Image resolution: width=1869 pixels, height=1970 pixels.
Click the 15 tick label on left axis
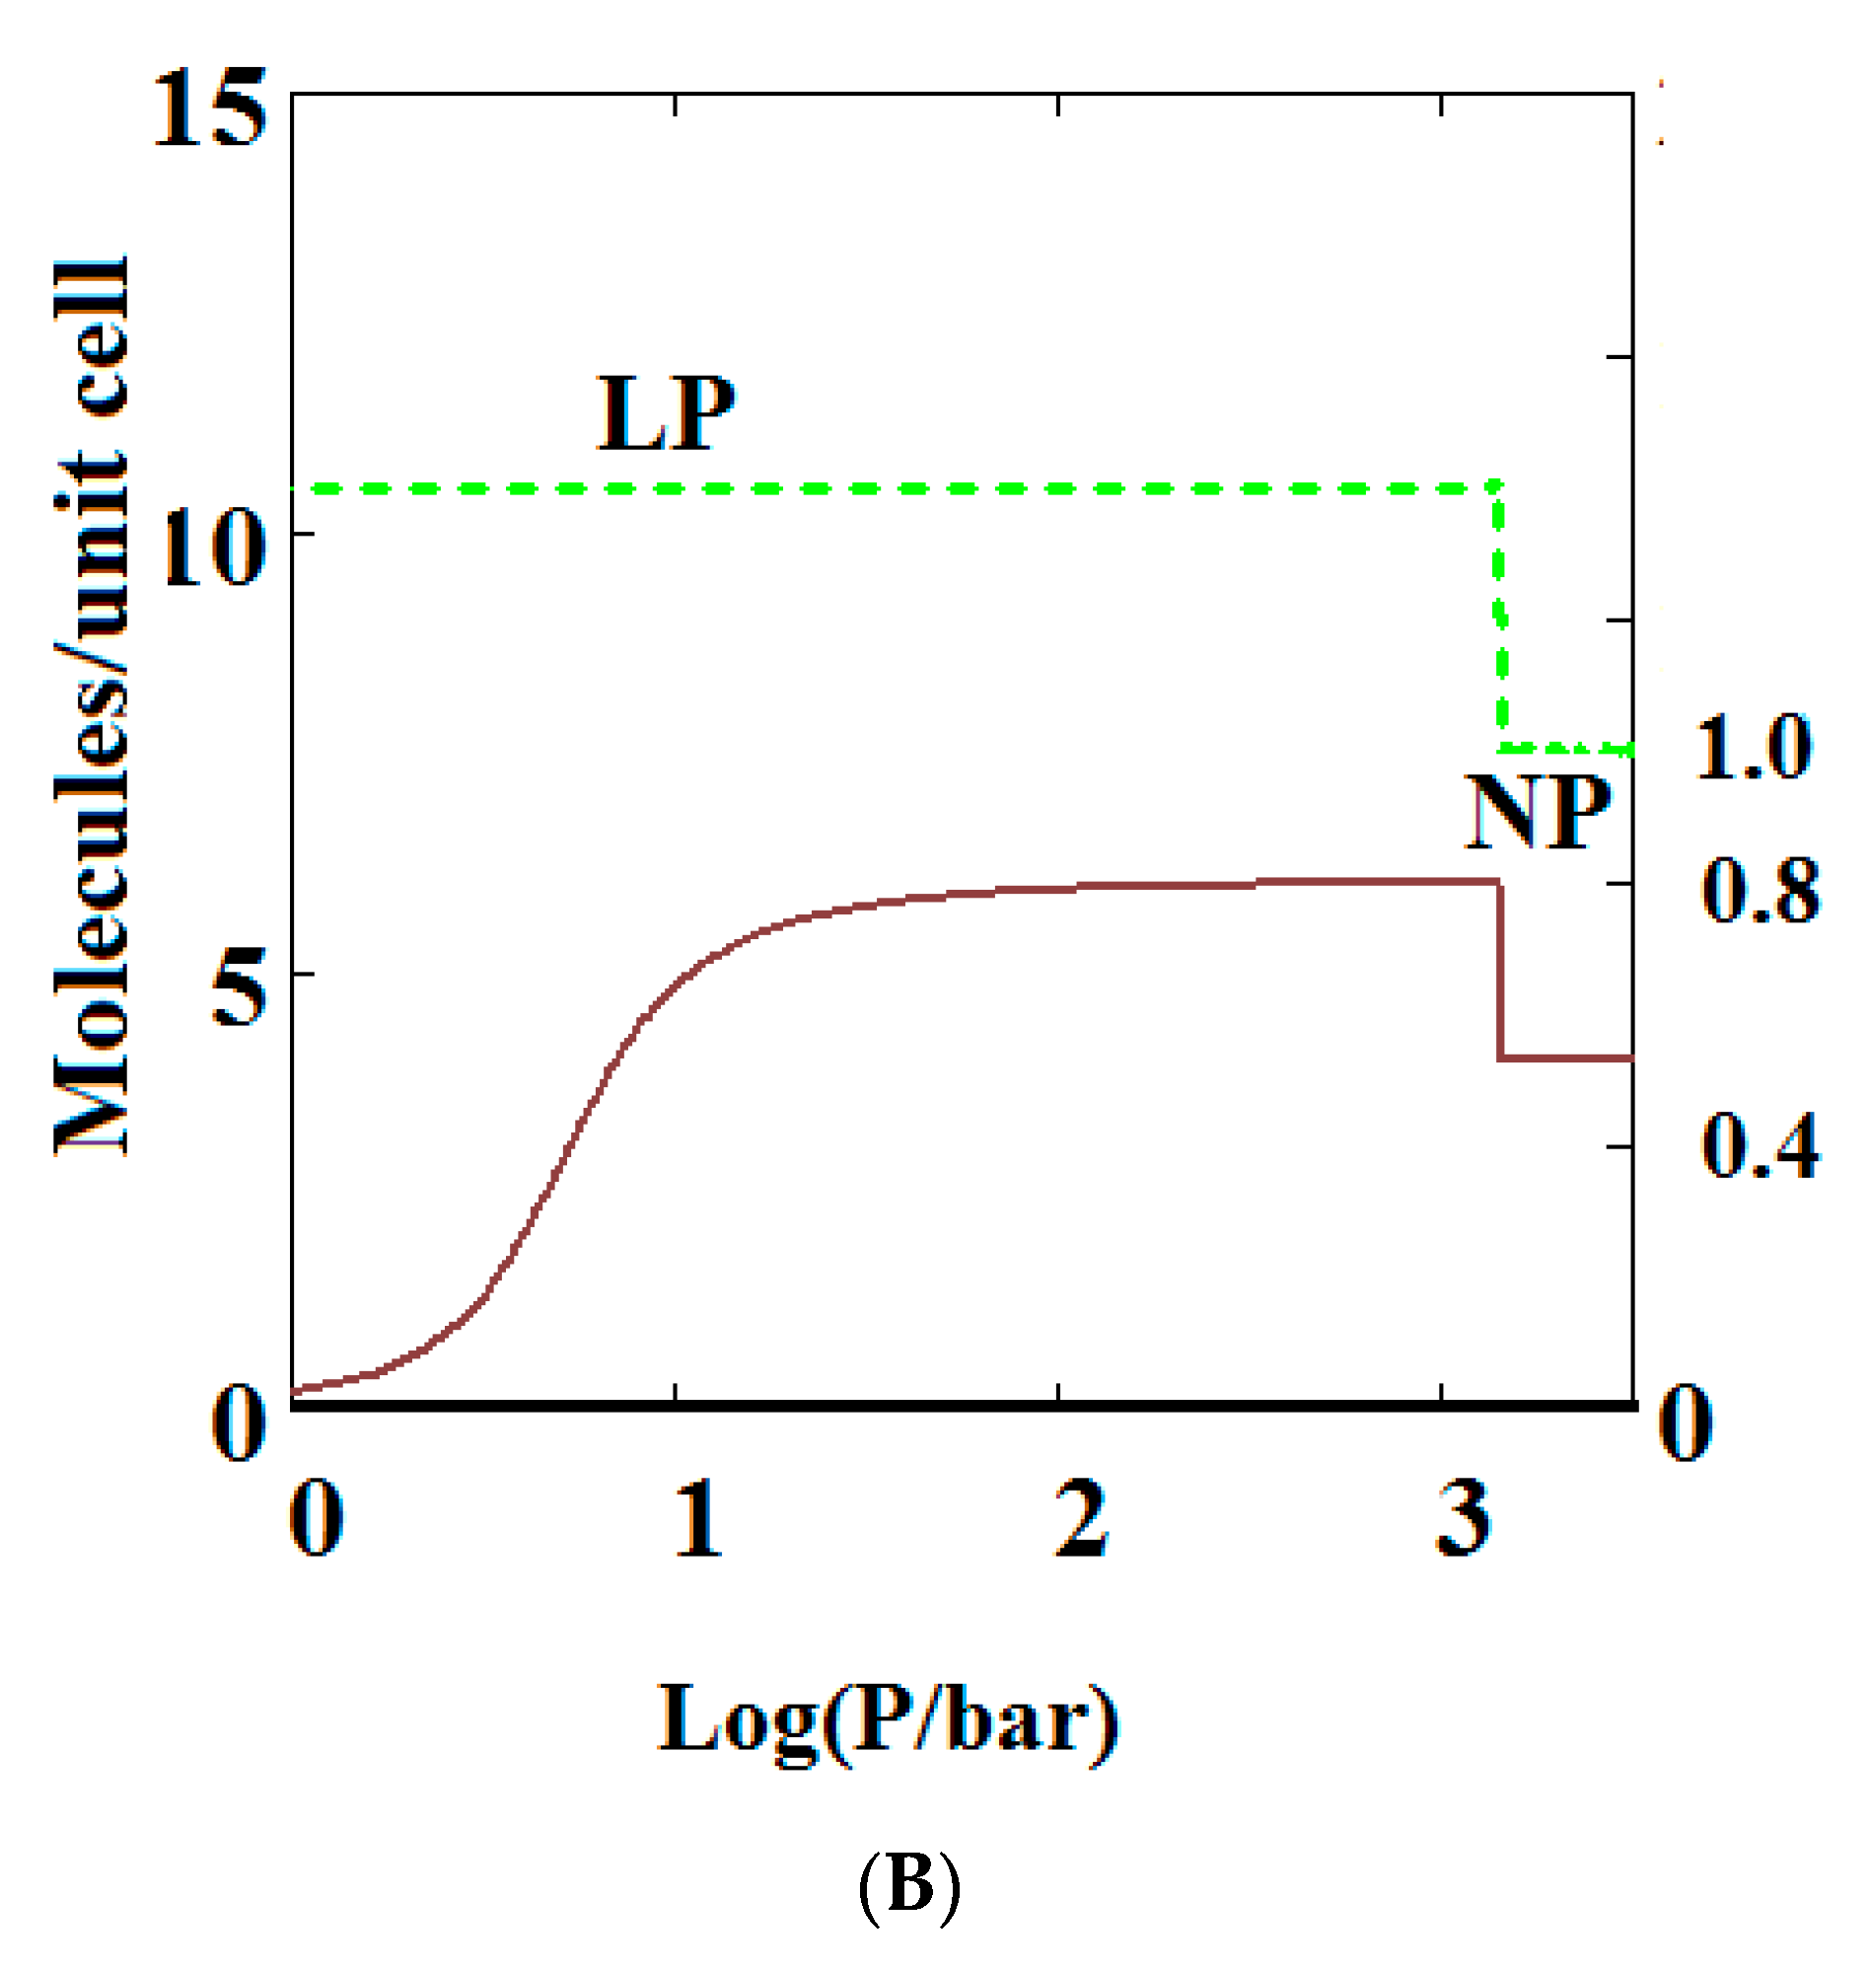[x=211, y=109]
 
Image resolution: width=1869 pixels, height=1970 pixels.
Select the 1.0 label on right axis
[x=1753, y=748]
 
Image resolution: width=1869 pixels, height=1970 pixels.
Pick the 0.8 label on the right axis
[x=1761, y=890]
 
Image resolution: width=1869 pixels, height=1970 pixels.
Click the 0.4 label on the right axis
[x=1761, y=1147]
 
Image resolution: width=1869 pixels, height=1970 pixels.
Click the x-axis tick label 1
[x=696, y=1518]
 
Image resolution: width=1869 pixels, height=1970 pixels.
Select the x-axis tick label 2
[x=1081, y=1518]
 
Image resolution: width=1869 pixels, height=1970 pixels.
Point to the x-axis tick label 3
[x=1464, y=1518]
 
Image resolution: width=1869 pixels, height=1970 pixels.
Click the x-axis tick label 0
[x=317, y=1518]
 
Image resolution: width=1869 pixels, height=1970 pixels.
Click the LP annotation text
[x=665, y=413]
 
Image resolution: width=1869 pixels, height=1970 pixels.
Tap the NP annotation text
[x=1538, y=812]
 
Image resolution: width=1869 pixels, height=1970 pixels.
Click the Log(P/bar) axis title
[x=889, y=1721]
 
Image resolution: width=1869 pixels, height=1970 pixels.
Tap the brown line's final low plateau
[x=1566, y=1058]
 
